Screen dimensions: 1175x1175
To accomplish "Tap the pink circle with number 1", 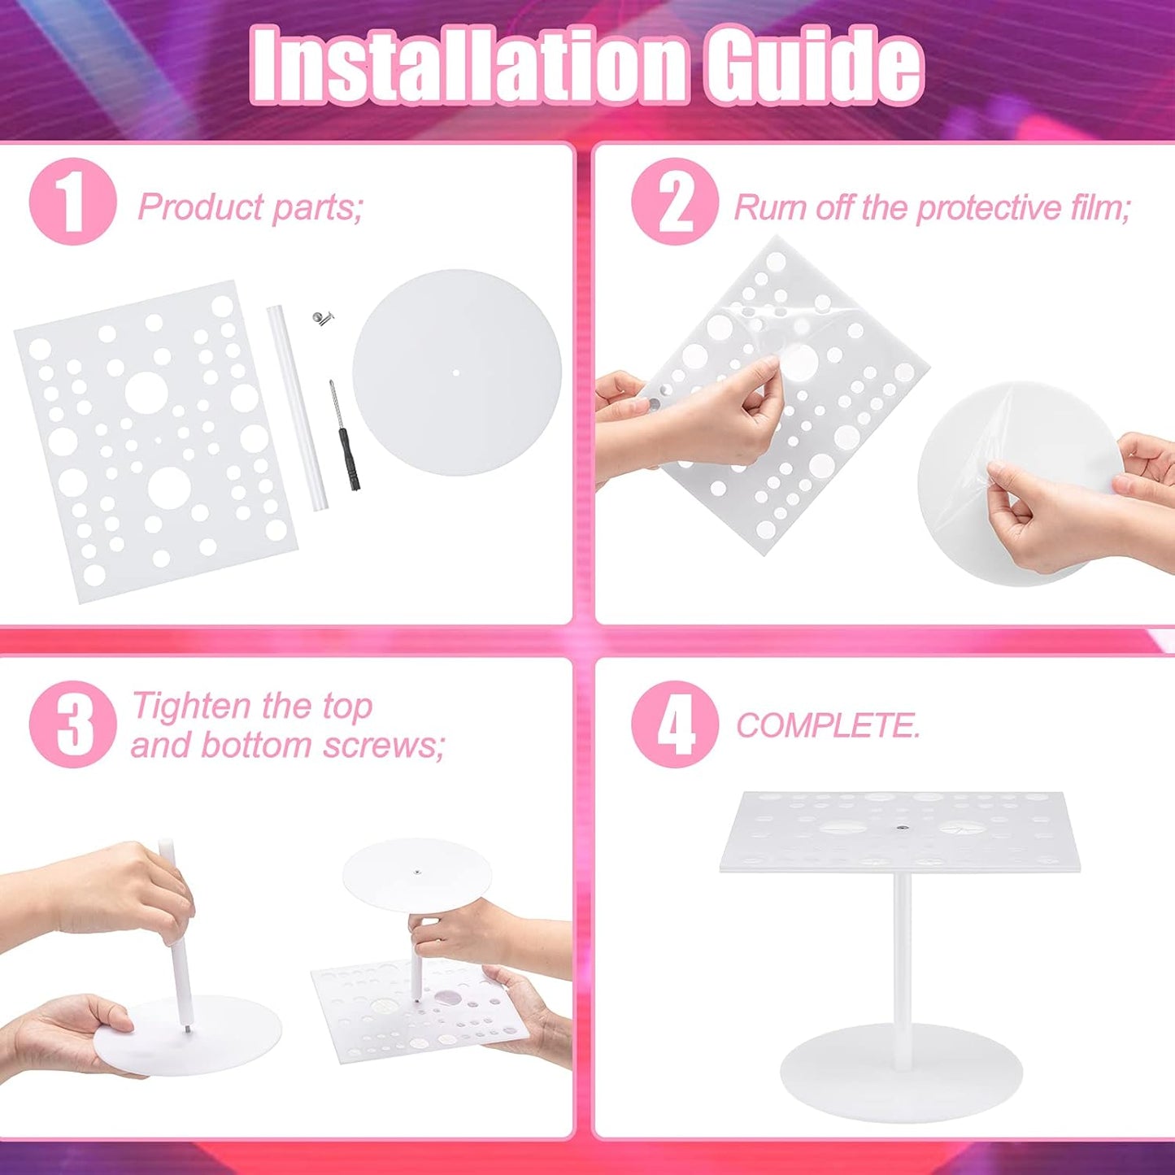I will pos(72,202).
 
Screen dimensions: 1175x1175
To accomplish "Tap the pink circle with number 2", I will pos(675,202).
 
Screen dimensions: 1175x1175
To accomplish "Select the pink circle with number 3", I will pos(72,724).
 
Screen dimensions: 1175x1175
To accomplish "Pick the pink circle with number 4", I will pos(675,724).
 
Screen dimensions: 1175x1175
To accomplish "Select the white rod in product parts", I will pos(297,407).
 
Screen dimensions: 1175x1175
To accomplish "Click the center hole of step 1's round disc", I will pos(456,373).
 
